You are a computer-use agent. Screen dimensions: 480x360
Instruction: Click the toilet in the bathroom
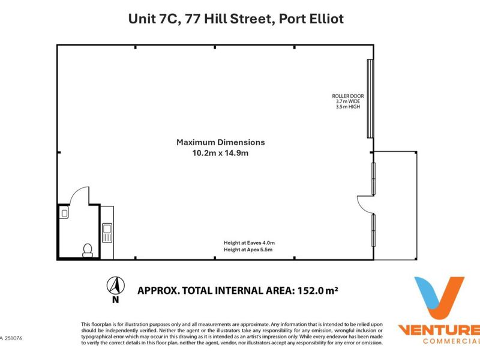tap(88, 250)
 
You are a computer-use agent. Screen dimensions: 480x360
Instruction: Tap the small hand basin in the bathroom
tap(64, 213)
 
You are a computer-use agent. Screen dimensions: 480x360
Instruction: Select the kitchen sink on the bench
tap(107, 233)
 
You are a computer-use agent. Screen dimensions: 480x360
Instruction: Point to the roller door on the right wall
tap(370, 98)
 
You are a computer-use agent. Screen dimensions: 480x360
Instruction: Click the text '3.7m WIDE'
tap(348, 101)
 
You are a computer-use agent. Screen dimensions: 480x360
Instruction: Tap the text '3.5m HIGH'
tap(348, 107)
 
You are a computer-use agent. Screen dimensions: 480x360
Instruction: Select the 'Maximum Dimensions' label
tap(221, 142)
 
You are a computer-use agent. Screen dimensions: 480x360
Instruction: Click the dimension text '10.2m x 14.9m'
tap(220, 153)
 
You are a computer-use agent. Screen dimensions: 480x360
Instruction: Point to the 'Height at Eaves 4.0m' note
tap(249, 243)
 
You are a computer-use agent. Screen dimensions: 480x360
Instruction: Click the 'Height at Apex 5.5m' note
tap(248, 250)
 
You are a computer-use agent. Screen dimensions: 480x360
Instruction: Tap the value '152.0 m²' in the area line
tap(318, 290)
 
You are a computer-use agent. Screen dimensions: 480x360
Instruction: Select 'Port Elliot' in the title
tap(311, 19)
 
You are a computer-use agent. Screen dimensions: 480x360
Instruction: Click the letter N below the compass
tap(115, 299)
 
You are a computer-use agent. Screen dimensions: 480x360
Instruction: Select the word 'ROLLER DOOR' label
tap(348, 96)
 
